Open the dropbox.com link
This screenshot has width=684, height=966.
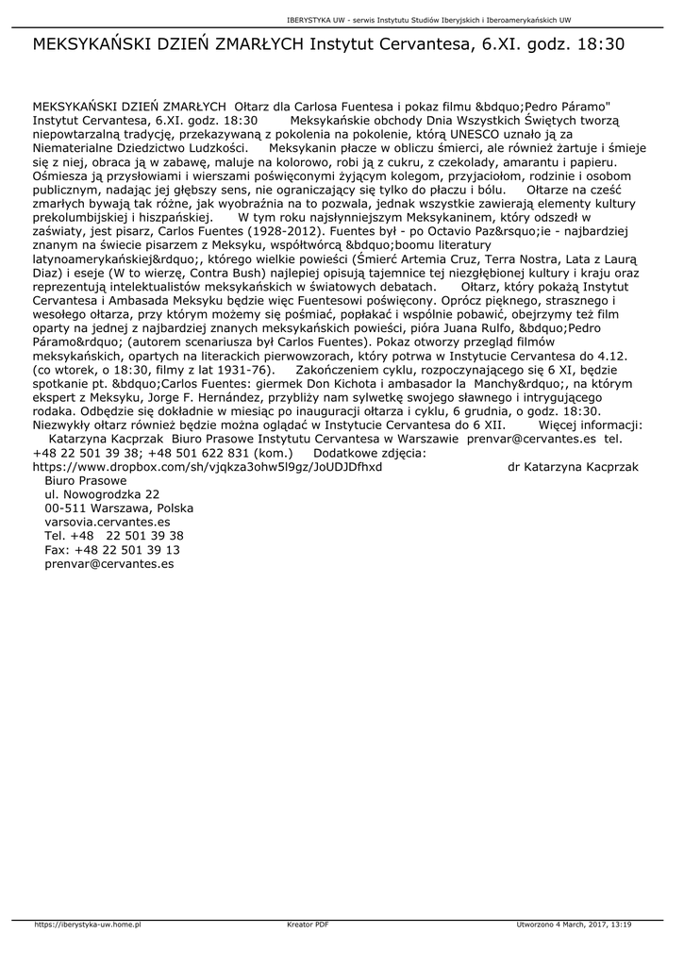[208, 466]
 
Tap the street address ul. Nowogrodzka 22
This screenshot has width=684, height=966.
[102, 493]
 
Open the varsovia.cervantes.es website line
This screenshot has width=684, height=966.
[107, 522]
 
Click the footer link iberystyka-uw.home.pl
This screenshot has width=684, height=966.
[87, 924]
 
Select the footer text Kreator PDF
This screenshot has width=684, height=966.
[308, 924]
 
